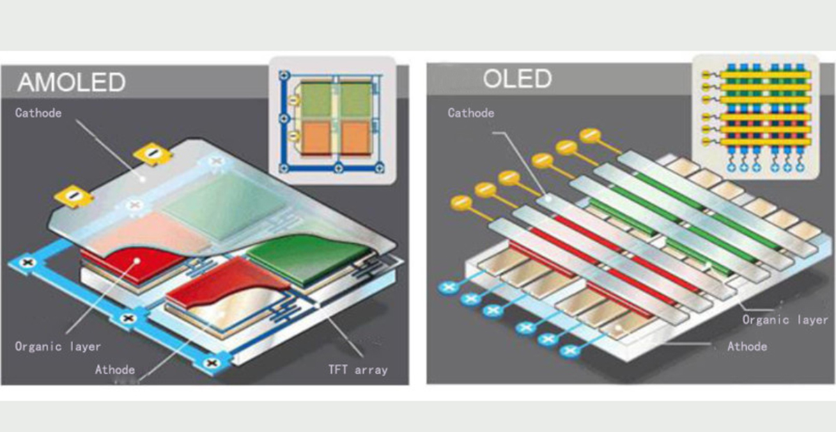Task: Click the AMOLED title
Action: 71,82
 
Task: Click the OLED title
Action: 517,79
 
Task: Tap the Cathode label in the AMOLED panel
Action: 38,113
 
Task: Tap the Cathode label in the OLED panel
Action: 471,113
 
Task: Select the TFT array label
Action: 358,370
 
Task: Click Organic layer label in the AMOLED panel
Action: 58,347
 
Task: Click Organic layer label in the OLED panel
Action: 785,320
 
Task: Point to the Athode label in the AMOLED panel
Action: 115,370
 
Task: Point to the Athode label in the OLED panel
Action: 747,347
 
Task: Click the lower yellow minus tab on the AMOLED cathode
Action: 74,195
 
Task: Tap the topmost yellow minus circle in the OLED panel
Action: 590,136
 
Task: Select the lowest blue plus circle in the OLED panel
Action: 570,350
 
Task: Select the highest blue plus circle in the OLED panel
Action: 448,287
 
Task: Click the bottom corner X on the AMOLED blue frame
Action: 212,363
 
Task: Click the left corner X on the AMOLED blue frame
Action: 28,263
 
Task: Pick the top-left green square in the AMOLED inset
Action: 316,100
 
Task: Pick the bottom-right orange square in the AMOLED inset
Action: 355,137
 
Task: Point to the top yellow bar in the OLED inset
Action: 765,75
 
